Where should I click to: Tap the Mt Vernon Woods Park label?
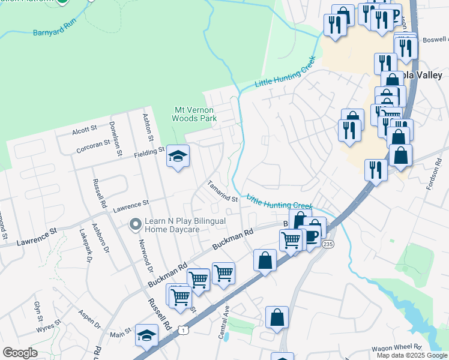click(x=194, y=114)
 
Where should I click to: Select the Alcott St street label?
click(x=84, y=129)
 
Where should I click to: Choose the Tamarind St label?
click(x=223, y=191)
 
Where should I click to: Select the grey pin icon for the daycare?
click(x=136, y=225)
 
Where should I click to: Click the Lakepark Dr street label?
click(x=89, y=247)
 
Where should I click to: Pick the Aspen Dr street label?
click(x=89, y=320)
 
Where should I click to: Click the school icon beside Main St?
click(x=146, y=335)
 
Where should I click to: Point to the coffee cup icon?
click(x=312, y=235)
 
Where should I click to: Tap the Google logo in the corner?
click(x=20, y=353)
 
